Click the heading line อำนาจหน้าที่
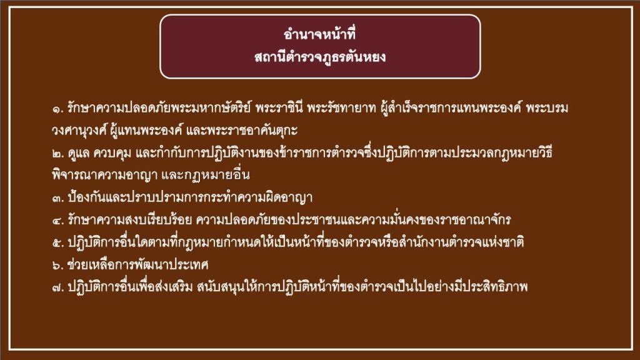tap(319, 34)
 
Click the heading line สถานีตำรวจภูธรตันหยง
tap(320, 56)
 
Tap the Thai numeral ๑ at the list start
tap(57, 109)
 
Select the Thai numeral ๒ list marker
tap(57, 154)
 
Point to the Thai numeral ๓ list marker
tap(57, 199)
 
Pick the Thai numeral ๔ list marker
tap(57, 221)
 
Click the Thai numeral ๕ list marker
tap(57, 244)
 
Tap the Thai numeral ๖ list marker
tap(57, 266)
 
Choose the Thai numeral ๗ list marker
tap(57, 287)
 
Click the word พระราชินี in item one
tap(279, 107)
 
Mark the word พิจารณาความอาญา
tap(105, 176)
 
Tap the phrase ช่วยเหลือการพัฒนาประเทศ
tap(138, 265)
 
